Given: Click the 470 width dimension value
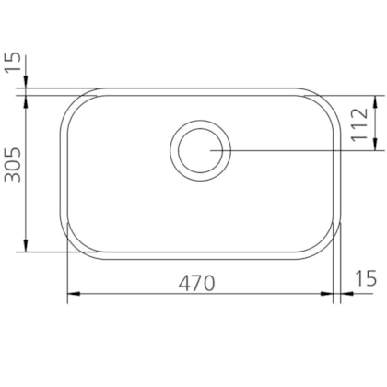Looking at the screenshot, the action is coord(197,283).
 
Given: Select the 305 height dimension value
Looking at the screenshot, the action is coord(13,165).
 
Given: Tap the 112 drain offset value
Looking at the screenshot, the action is coord(359,124).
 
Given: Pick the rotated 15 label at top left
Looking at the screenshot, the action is coord(13,62).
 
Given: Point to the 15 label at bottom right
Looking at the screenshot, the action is coord(366,278).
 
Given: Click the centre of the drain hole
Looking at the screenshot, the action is coord(200,150).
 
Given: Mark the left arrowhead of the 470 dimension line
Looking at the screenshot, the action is coord(74,294).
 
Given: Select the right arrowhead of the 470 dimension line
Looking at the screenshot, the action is coord(327,294).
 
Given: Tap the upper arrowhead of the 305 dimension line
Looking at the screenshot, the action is coord(26,101).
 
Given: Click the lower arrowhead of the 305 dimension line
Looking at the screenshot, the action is coord(26,245).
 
